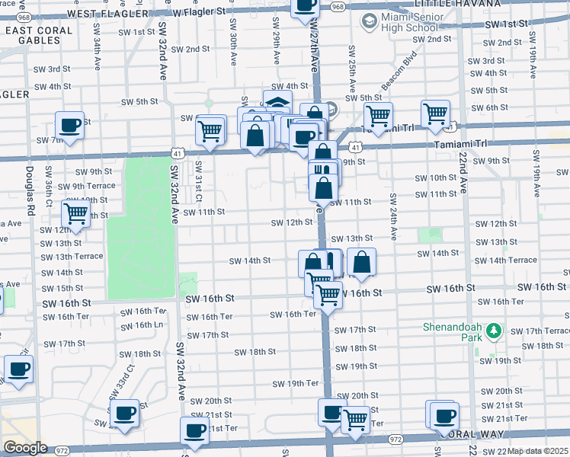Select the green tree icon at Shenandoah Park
494,331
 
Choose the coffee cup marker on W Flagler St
306,6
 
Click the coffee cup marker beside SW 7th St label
69,125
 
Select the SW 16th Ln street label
143,325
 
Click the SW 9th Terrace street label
86,186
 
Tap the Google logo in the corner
24,448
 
